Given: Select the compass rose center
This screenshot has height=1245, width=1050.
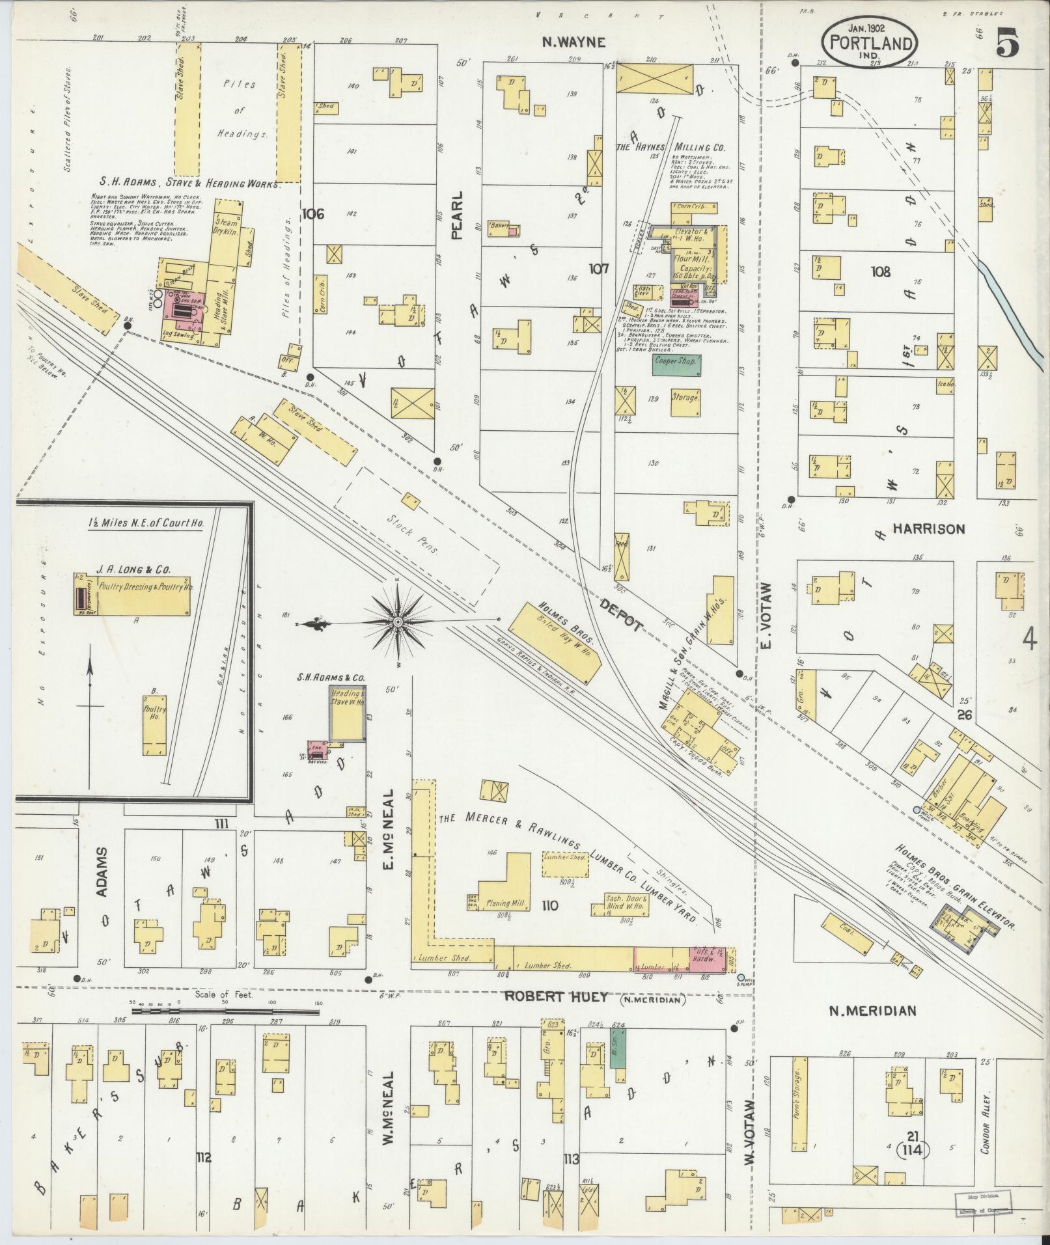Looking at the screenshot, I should (396, 622).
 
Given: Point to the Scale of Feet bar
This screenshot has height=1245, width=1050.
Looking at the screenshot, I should (202, 1030).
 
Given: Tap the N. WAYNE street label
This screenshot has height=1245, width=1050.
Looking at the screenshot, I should (575, 43).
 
